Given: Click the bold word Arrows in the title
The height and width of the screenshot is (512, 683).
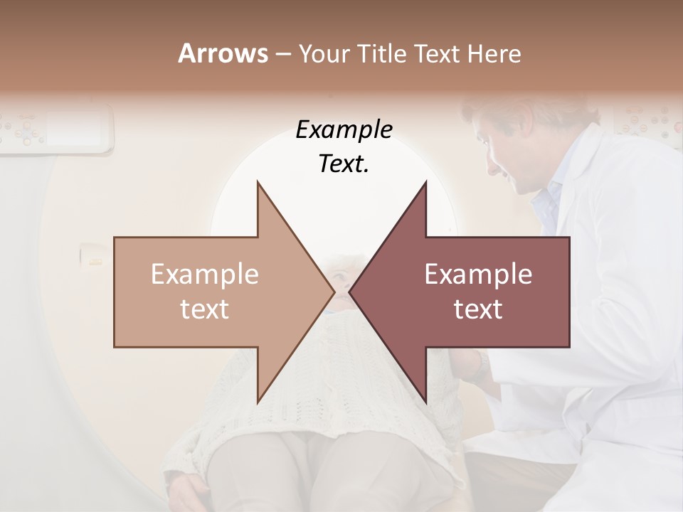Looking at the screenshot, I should click(x=223, y=53).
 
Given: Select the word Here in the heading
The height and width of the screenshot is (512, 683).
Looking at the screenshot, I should click(x=494, y=53).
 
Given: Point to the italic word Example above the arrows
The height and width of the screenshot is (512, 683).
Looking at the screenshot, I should click(x=344, y=129).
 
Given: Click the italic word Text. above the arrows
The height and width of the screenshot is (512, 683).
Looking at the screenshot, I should click(x=344, y=164).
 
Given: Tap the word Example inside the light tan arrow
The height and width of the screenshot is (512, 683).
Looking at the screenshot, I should click(x=205, y=274).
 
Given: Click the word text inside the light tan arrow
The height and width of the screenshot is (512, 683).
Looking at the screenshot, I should click(x=205, y=309).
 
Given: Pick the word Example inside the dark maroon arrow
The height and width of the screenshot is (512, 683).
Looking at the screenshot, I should click(x=478, y=274).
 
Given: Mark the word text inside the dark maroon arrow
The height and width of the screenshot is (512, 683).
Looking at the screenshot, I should click(x=478, y=309).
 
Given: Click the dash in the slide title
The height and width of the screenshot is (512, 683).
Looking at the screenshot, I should click(x=282, y=54).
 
